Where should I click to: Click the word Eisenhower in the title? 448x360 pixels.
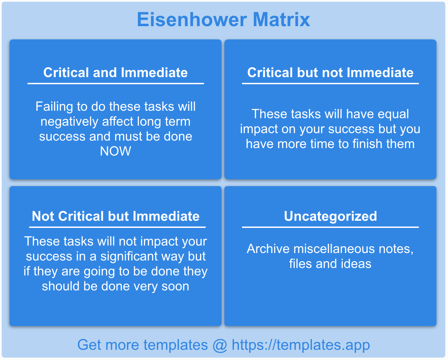click(x=192, y=19)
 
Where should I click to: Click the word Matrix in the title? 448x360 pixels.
click(x=281, y=19)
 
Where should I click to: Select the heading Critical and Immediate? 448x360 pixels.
click(x=115, y=72)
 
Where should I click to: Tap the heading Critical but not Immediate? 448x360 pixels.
click(x=330, y=72)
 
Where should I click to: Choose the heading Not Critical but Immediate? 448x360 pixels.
click(x=115, y=216)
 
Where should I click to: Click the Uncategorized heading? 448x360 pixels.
click(x=330, y=216)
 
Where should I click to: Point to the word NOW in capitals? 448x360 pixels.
click(x=115, y=151)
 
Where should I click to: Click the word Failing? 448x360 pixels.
click(x=54, y=107)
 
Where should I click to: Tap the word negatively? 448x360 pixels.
click(x=69, y=122)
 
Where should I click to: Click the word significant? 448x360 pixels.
click(x=129, y=257)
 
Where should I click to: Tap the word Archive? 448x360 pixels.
click(x=268, y=249)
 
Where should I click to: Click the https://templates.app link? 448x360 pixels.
click(x=301, y=345)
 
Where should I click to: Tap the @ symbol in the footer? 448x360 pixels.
click(x=220, y=346)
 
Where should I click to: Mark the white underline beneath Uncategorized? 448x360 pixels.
click(x=330, y=227)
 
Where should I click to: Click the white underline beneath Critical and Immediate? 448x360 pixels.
click(x=115, y=84)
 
